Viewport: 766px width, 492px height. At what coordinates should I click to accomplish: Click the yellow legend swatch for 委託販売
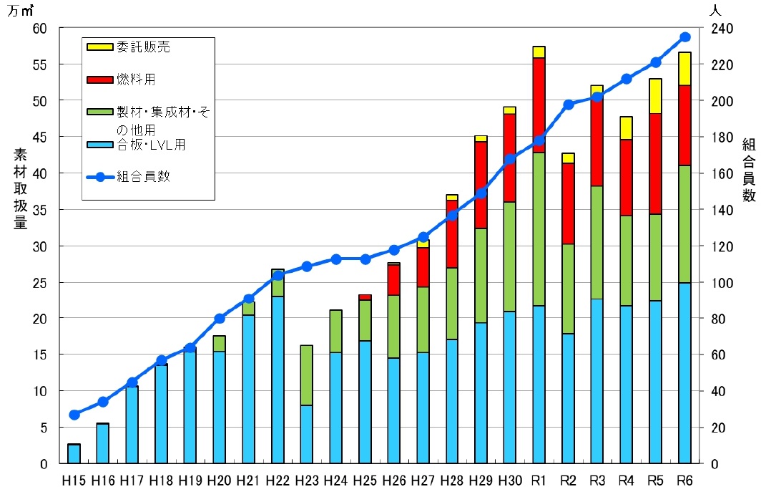(99, 47)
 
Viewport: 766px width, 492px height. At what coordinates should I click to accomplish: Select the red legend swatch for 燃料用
(99, 79)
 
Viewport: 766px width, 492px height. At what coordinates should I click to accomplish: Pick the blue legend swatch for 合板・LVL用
(99, 145)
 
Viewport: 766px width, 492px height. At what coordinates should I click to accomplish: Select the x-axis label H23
(307, 479)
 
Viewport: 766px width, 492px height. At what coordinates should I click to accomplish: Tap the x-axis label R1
(539, 479)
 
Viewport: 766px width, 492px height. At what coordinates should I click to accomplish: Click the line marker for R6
(684, 37)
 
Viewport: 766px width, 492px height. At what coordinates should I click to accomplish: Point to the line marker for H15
(74, 415)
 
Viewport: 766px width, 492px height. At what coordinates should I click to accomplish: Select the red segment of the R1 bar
(539, 105)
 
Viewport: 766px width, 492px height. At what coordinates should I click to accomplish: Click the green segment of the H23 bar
(307, 375)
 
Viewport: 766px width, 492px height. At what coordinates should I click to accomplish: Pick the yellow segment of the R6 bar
(684, 69)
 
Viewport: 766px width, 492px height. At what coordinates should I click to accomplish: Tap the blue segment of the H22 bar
(278, 380)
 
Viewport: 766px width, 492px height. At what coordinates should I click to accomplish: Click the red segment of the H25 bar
(365, 297)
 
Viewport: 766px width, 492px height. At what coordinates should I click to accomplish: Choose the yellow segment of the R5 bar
(655, 96)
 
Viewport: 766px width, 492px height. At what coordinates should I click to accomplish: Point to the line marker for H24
(335, 259)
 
